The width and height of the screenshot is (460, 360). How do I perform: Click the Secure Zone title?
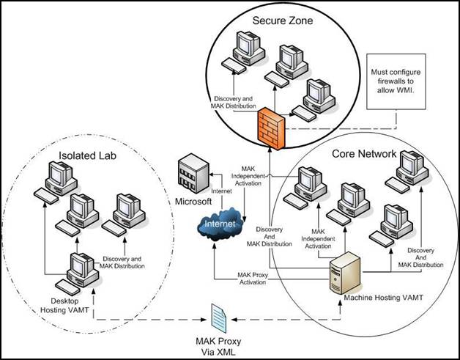click(282, 21)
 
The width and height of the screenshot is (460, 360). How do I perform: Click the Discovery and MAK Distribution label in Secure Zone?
click(234, 103)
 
